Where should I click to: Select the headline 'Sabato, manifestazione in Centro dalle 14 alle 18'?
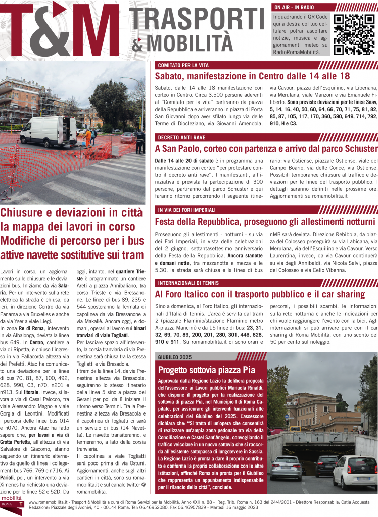coord(252,76)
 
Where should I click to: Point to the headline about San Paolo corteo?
coord(266,148)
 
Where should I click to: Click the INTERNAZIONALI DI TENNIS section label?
coord(191,282)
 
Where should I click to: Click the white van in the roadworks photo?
coord(49,132)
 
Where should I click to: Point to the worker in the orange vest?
coord(89,136)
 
